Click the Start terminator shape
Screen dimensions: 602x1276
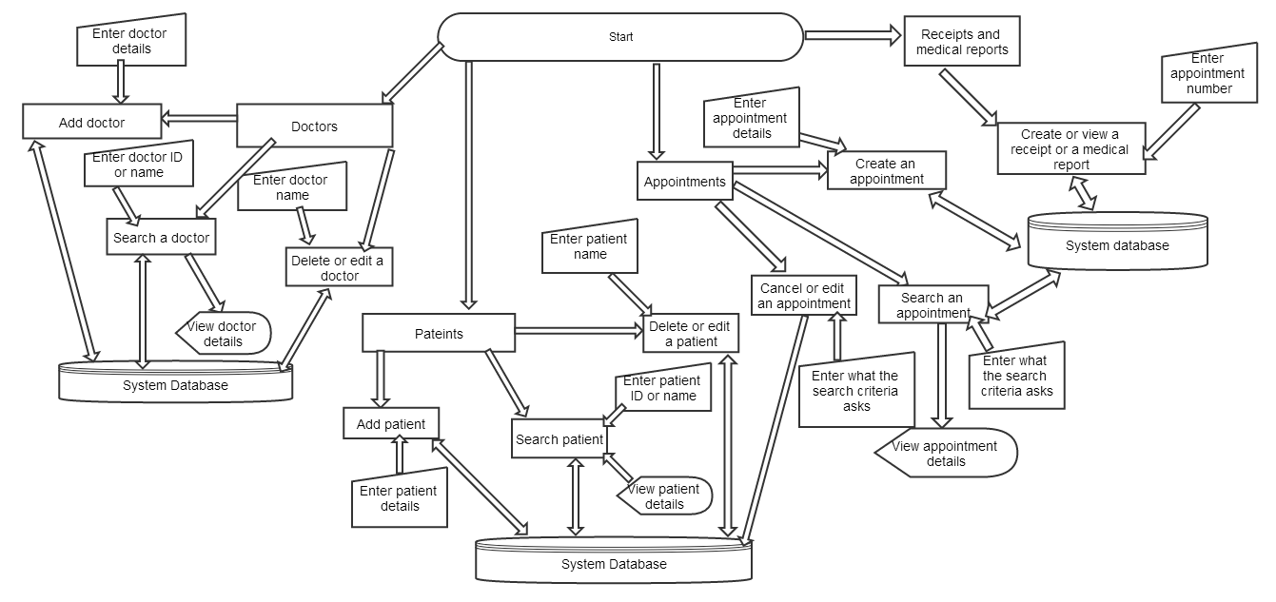coord(620,37)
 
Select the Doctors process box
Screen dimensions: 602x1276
coord(314,126)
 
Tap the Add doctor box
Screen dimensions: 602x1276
coord(91,122)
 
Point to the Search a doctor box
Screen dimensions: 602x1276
coord(161,238)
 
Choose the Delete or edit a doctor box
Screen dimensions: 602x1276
coord(340,267)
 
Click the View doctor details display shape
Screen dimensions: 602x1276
coord(225,333)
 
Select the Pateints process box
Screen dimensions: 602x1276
coord(439,333)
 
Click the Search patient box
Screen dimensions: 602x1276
coord(559,438)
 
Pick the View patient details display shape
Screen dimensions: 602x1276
coord(665,495)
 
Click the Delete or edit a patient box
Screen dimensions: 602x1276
coord(691,334)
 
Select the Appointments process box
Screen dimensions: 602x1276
coord(684,182)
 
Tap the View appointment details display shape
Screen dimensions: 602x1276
coord(946,453)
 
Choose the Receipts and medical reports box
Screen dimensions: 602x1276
coord(962,42)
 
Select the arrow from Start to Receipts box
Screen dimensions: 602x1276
coord(853,35)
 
